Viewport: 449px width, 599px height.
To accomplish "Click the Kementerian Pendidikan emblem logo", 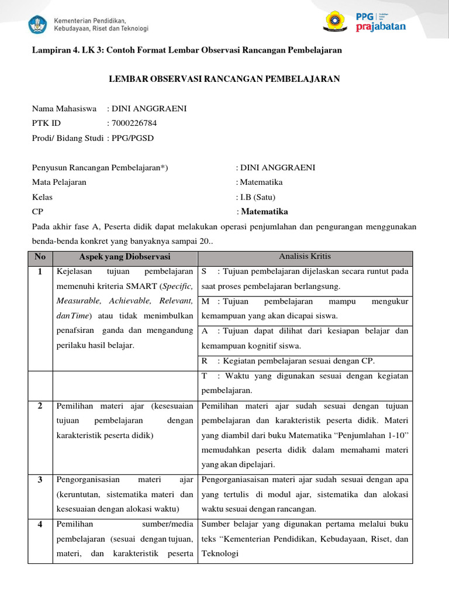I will pyautogui.click(x=38, y=24).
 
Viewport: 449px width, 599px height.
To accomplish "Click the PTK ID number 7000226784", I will pyautogui.click(x=134, y=123).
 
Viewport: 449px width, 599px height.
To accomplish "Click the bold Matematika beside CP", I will pyautogui.click(x=264, y=212).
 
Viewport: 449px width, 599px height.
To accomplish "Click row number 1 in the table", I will pyautogui.click(x=40, y=272).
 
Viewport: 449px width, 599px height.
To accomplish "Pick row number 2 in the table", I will pyautogui.click(x=40, y=406).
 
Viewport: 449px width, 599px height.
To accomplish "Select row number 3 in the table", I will pyautogui.click(x=40, y=480).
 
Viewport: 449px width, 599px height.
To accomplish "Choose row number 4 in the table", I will pyautogui.click(x=40, y=524).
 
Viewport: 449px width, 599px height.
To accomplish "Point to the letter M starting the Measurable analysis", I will pyautogui.click(x=205, y=301).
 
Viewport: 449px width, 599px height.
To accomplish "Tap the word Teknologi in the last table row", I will pyautogui.click(x=220, y=553).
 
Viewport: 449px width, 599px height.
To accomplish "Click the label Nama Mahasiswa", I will pyautogui.click(x=64, y=108).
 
